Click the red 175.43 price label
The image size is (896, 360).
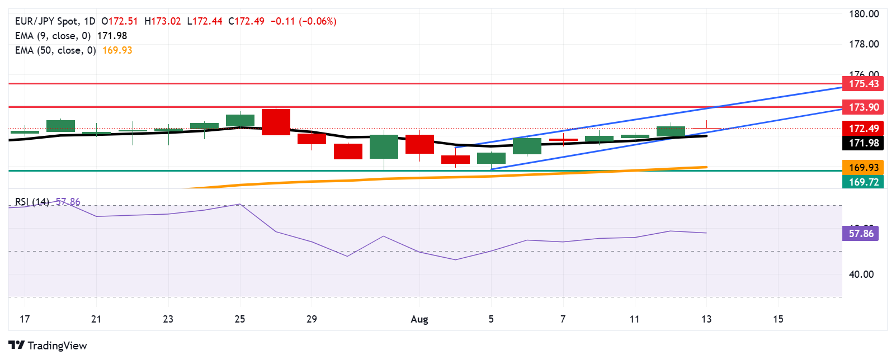[863, 84]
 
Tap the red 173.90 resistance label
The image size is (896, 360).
[863, 107]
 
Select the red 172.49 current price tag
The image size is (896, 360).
[863, 129]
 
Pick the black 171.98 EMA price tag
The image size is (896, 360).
[863, 143]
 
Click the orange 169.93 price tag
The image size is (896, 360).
[863, 168]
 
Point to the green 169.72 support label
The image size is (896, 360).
[863, 182]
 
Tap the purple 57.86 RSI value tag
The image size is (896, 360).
[860, 234]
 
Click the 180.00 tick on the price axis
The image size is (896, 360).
[864, 14]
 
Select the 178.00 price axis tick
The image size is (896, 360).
[864, 44]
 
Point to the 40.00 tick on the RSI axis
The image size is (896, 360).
[861, 274]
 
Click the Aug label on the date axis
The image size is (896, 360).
[419, 319]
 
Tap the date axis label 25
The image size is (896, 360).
[240, 319]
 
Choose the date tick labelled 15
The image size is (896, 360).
[778, 319]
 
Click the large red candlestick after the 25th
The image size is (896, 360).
[276, 122]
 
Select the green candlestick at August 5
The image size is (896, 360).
[491, 158]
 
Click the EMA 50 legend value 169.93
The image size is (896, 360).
[117, 50]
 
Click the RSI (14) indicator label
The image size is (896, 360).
[32, 202]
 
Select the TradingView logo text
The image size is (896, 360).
[57, 345]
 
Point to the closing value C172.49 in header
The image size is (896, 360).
[246, 21]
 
